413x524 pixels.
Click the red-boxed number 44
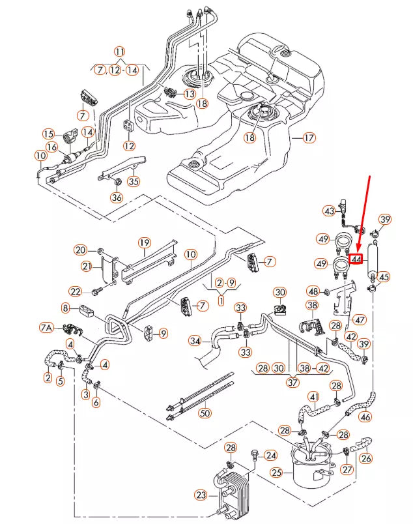click(x=356, y=259)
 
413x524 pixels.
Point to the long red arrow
click(x=365, y=215)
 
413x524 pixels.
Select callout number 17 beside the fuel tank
click(x=308, y=138)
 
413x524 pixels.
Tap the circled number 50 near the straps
click(x=205, y=413)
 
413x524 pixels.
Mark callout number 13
click(x=189, y=95)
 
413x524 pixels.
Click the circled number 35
click(x=134, y=181)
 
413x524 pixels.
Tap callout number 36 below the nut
click(x=117, y=197)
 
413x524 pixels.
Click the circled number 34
click(x=195, y=341)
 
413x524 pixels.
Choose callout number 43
click(x=330, y=211)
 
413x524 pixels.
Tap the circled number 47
click(x=360, y=320)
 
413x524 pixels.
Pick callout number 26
click(x=365, y=458)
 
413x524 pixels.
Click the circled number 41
click(x=314, y=396)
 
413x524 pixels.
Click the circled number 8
click(x=66, y=308)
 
